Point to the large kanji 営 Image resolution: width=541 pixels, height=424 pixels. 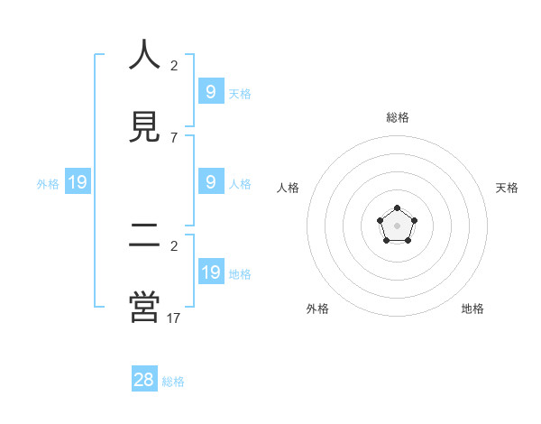pos(144,307)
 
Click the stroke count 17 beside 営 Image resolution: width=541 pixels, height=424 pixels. pos(174,318)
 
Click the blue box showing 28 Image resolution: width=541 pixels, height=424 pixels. pos(144,380)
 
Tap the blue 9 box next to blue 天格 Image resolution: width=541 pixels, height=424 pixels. pos(211,91)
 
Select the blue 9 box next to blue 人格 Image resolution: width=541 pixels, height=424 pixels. pos(211,181)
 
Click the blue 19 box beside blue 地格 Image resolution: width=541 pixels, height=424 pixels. pos(211,272)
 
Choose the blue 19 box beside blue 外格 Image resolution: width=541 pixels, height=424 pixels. pos(78,182)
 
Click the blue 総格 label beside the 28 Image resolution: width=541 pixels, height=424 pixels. pos(173,382)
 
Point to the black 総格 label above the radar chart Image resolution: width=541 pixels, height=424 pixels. pos(398,117)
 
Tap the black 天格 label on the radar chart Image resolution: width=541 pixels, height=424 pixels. pos(507,188)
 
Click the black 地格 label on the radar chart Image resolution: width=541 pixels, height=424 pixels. pos(472,309)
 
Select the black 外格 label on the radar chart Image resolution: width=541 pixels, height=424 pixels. pos(317,309)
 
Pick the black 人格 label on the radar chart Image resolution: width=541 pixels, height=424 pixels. pos(289,188)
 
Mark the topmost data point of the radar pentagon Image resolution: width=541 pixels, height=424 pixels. pos(398,208)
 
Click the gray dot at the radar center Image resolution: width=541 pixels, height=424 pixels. pos(398,225)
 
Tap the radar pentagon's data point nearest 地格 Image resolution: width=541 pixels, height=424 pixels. pos(408,240)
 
